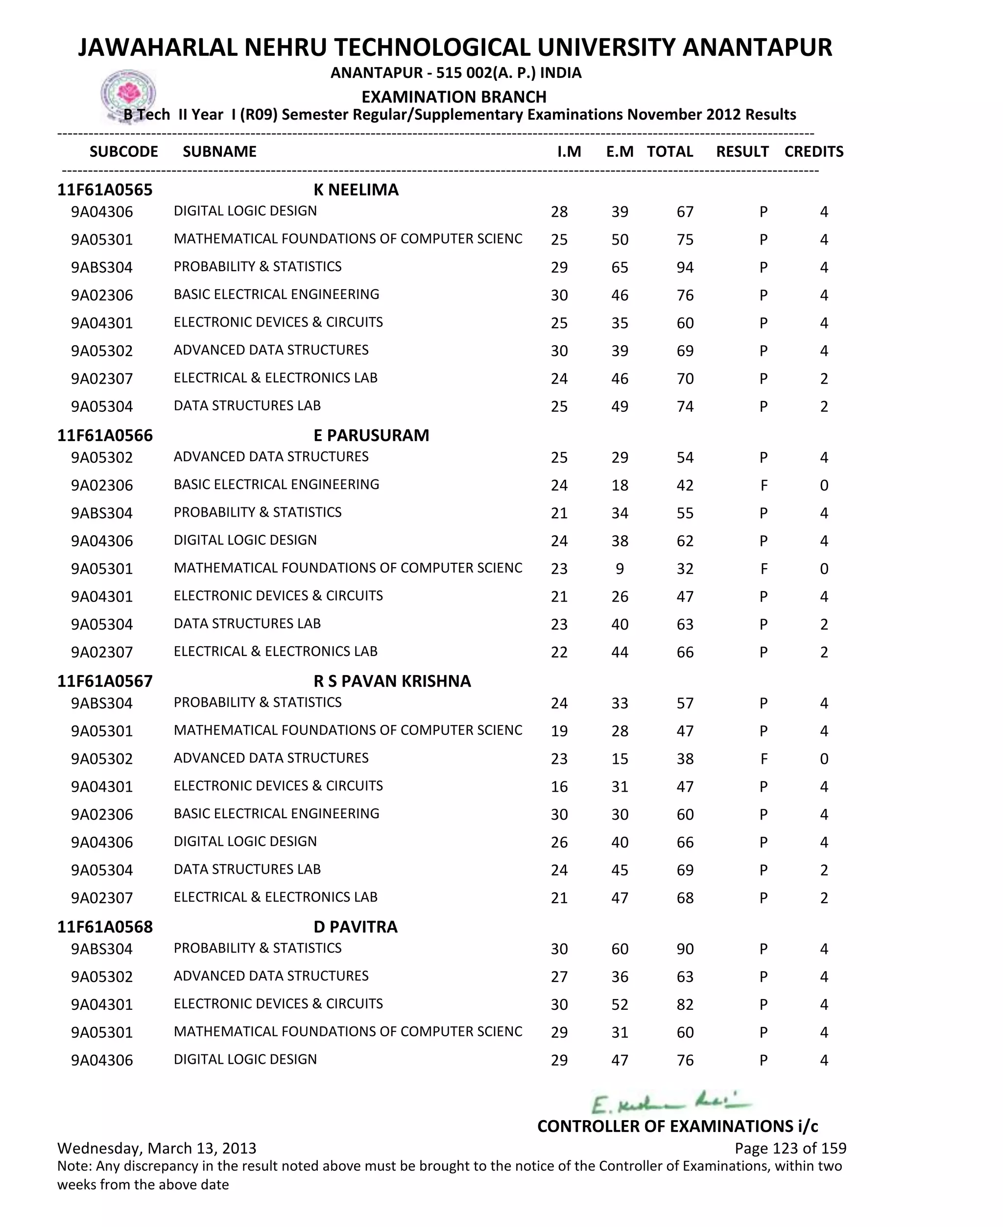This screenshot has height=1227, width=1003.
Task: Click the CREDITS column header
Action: tap(813, 151)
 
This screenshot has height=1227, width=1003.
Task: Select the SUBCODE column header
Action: tap(123, 151)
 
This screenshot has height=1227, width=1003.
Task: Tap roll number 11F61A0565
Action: tap(105, 190)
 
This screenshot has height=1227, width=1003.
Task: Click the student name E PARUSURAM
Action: tap(371, 435)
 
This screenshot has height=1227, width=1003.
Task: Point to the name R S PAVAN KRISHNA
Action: tap(392, 681)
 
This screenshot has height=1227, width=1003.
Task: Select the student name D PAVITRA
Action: tap(356, 927)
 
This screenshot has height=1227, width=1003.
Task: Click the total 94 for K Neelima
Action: tap(685, 268)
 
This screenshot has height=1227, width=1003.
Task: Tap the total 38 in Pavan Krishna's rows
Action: tap(685, 759)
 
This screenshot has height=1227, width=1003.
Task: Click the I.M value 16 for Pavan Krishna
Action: tap(559, 787)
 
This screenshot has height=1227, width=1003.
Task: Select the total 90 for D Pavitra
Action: tap(685, 950)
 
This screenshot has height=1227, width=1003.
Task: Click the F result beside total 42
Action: tap(763, 486)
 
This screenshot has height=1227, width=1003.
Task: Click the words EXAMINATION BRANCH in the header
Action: tap(454, 97)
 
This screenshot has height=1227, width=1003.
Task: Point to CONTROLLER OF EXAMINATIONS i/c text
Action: tap(677, 1127)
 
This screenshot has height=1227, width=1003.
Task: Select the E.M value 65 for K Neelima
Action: tap(620, 268)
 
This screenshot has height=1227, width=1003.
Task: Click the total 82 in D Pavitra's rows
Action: tap(685, 1005)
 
